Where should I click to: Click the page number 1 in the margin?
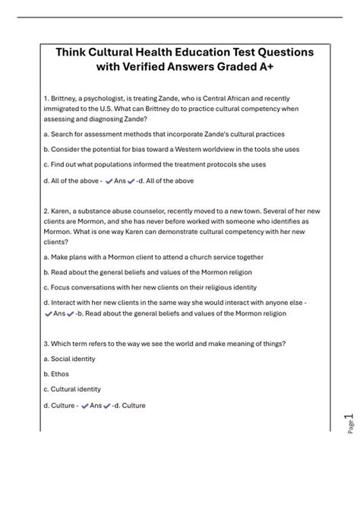(347, 417)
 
